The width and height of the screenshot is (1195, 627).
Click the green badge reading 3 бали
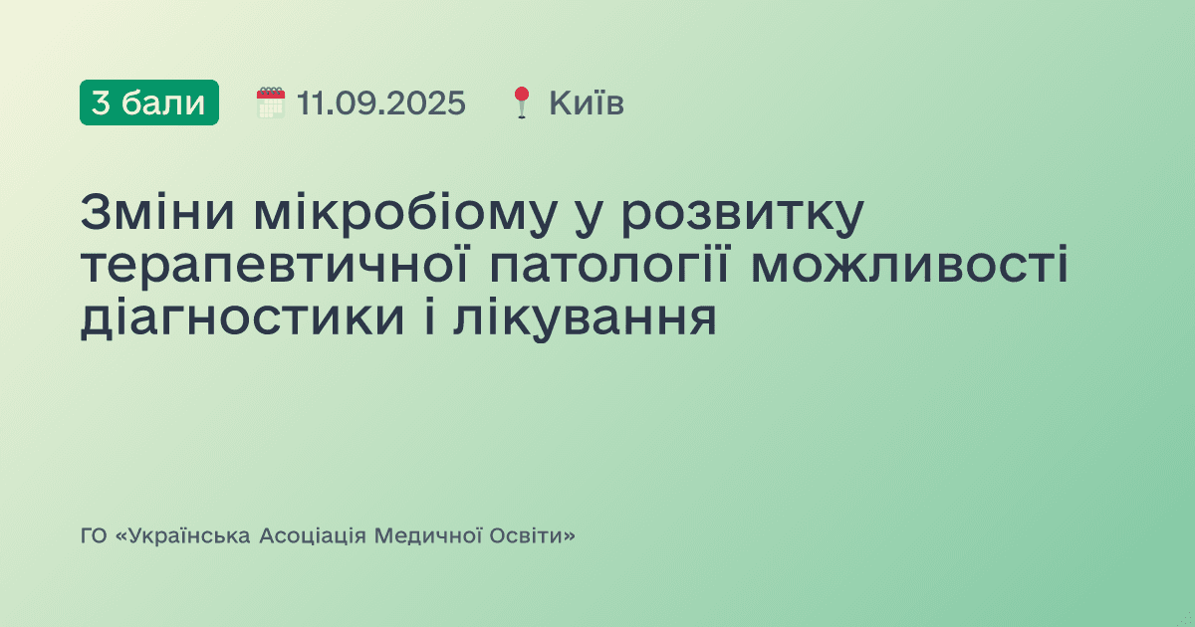click(149, 103)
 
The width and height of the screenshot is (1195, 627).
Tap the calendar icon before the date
click(270, 103)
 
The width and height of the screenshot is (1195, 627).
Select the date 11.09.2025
click(380, 103)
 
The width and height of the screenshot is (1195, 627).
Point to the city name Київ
click(587, 103)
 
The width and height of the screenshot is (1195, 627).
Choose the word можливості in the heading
click(909, 267)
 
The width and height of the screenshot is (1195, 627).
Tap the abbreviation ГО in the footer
click(94, 536)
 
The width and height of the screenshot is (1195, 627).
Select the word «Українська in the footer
click(184, 536)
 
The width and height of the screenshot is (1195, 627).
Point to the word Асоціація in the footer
click(313, 536)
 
